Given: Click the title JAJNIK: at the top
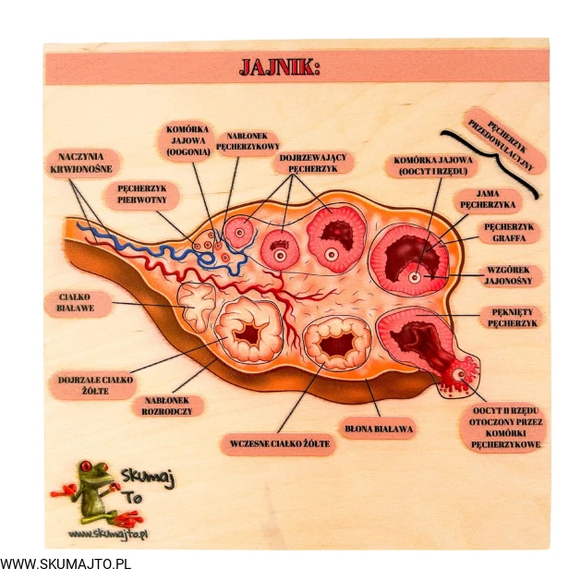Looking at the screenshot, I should pos(279,67).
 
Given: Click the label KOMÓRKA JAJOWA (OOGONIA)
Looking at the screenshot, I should pos(188,140).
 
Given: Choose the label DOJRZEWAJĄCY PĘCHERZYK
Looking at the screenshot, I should pos(312,163).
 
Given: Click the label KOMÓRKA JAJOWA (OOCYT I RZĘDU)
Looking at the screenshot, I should pos(431,165).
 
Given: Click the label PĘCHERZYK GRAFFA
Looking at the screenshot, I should pos(508,231).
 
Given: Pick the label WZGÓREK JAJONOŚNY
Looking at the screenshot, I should pos(506,276).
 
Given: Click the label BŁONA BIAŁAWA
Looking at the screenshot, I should pos(380,430).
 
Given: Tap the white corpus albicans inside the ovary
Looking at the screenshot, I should pos(197,307).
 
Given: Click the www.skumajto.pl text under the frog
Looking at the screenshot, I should pos(109,534).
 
